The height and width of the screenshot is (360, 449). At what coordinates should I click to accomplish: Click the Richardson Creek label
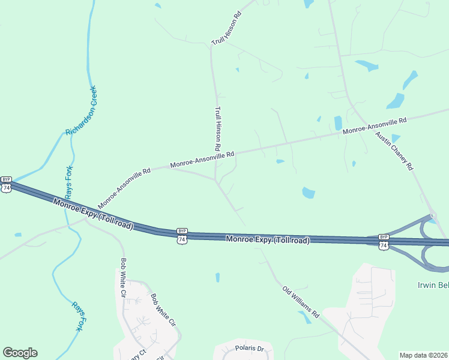pyautogui.click(x=80, y=111)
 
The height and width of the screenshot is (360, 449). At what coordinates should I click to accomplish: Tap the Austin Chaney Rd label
pyautogui.click(x=395, y=151)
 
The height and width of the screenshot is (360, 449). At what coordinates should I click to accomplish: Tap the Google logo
pyautogui.click(x=20, y=353)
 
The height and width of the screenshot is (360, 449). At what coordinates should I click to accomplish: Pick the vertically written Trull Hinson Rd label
pyautogui.click(x=218, y=129)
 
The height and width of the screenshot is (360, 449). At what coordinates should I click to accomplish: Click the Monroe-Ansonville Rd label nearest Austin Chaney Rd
pyautogui.click(x=375, y=125)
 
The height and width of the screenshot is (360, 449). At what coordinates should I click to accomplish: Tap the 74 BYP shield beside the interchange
pyautogui.click(x=384, y=241)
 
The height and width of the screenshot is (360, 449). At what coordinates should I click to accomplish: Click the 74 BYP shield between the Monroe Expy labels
pyautogui.click(x=182, y=235)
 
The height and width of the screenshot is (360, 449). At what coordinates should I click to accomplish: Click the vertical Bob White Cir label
pyautogui.click(x=124, y=278)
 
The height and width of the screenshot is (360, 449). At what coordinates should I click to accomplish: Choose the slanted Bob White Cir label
pyautogui.click(x=163, y=310)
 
